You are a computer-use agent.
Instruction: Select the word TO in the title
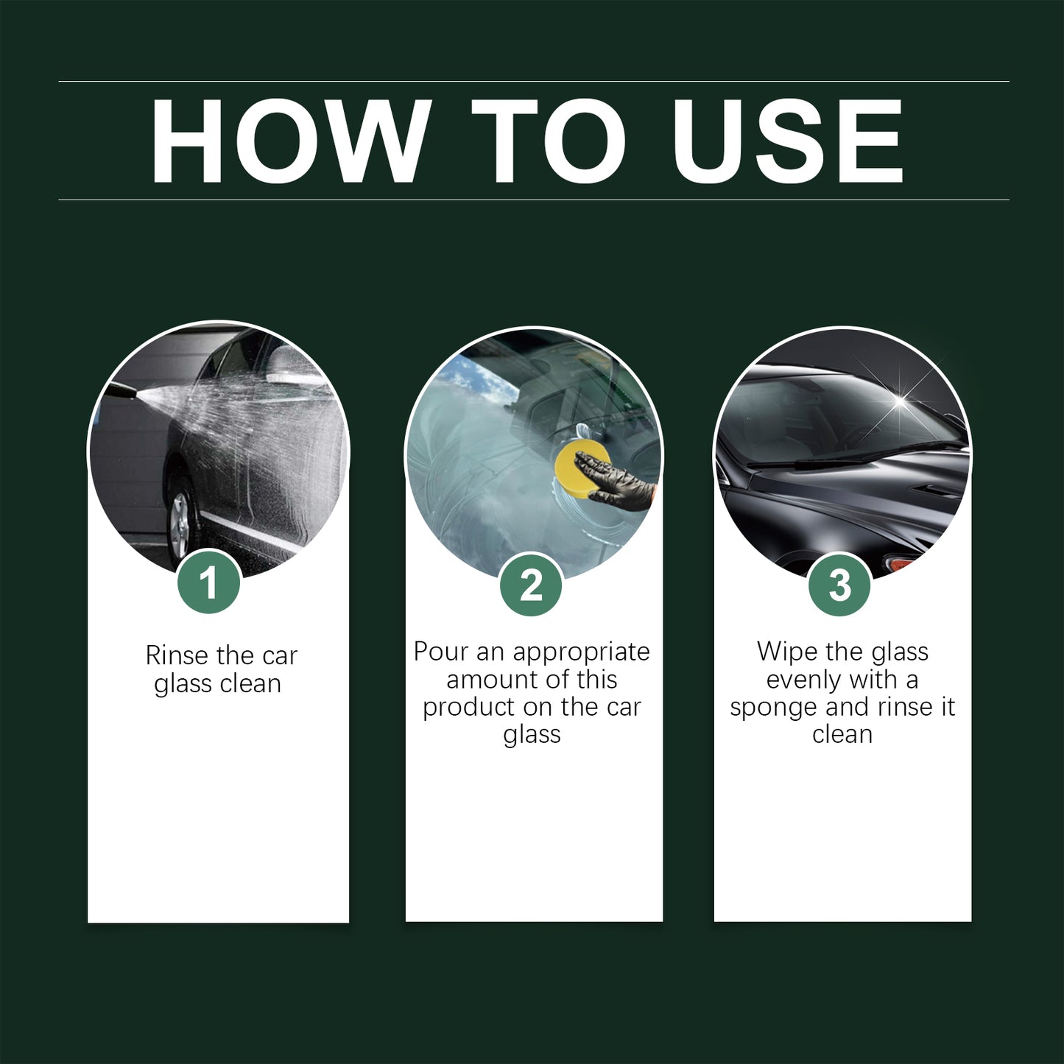click(x=548, y=141)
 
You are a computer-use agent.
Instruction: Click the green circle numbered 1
click(x=209, y=582)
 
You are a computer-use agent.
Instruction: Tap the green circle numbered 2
click(x=531, y=585)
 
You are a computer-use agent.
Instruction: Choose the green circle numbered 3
click(x=839, y=585)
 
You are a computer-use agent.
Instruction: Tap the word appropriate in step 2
click(x=581, y=652)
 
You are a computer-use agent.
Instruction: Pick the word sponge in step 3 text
click(x=774, y=708)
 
